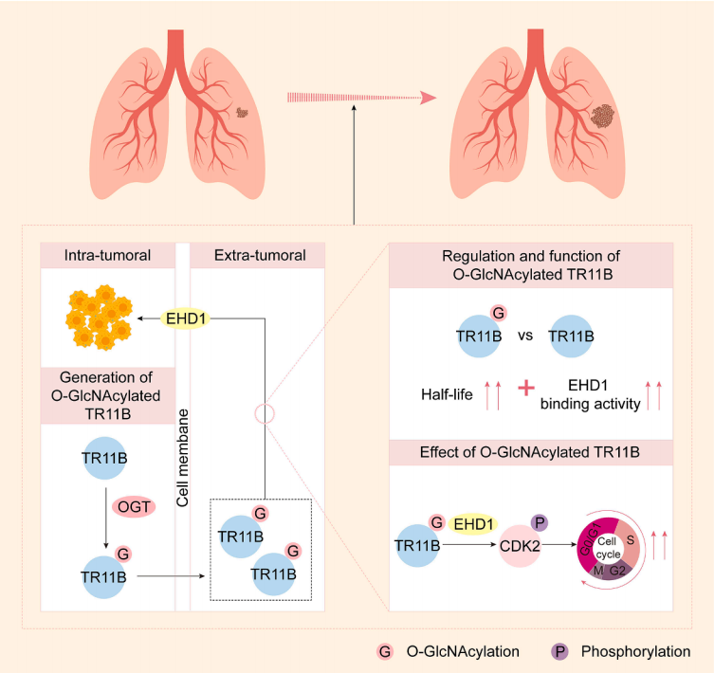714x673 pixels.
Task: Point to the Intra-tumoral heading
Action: [x=105, y=254]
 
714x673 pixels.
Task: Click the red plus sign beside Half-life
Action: [x=526, y=389]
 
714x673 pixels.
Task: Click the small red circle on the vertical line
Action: [x=265, y=414]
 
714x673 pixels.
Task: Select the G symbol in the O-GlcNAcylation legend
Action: [x=386, y=652]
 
